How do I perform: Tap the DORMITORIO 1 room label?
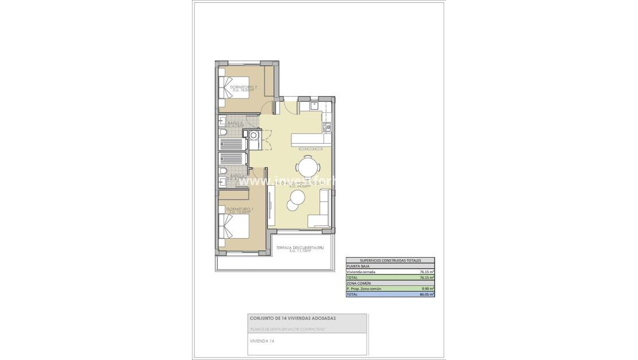pyautogui.click(x=240, y=210)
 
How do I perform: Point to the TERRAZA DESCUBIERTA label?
pyautogui.click(x=299, y=248)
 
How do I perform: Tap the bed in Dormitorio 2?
pyautogui.click(x=232, y=88)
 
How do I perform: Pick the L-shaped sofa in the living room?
pyautogui.click(x=320, y=213)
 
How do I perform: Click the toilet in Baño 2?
pyautogui.click(x=223, y=132)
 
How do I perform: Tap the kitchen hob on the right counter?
pyautogui.click(x=326, y=127)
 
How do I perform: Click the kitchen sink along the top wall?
pyautogui.click(x=314, y=106)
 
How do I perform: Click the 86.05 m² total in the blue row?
pyautogui.click(x=426, y=294)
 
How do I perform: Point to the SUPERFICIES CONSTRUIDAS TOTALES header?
pyautogui.click(x=390, y=261)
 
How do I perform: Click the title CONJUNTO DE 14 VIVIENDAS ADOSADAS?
pyautogui.click(x=293, y=318)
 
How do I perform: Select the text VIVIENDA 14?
pyautogui.click(x=262, y=340)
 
